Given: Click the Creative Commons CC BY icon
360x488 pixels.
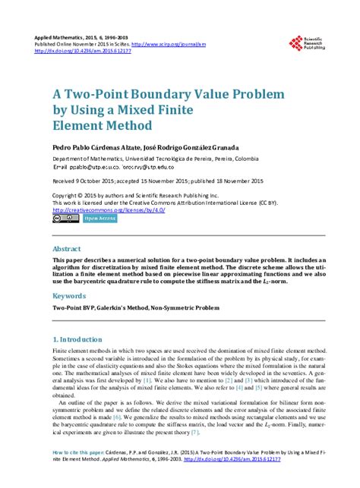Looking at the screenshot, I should [x=65, y=219].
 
